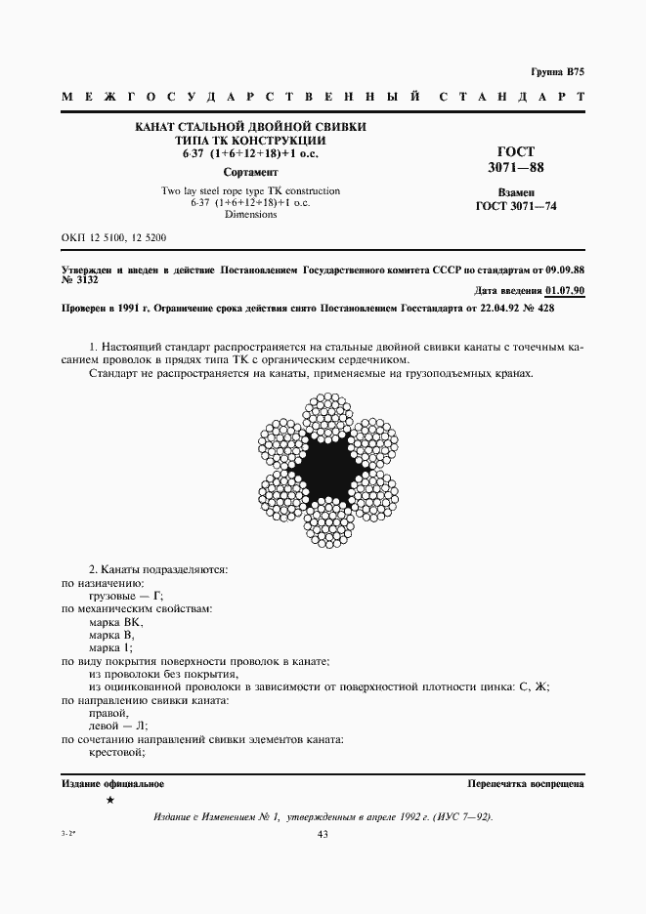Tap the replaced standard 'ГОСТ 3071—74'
[515, 206]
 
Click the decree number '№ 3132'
[81, 279]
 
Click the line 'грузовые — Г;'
[126, 596]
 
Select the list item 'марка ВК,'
[116, 622]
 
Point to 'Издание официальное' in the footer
[112, 783]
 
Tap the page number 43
[323, 833]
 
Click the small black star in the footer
[109, 801]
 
